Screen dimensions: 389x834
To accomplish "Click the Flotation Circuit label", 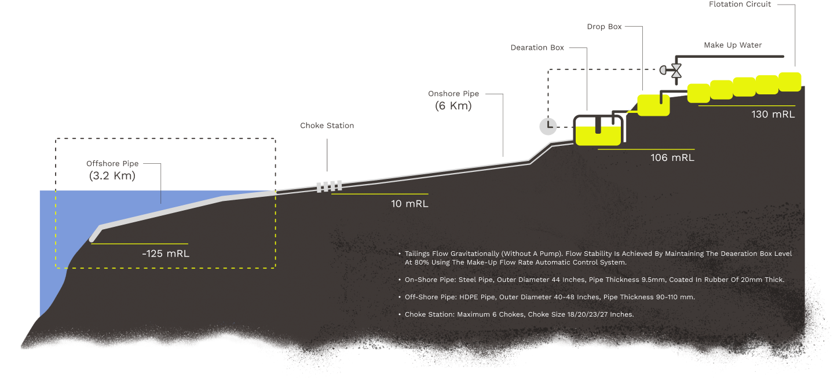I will tap(740, 5).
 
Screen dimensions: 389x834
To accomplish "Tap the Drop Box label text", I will tap(604, 27).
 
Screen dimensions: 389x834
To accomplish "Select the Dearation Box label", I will tap(537, 48).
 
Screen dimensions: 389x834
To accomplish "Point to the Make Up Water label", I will tap(733, 45).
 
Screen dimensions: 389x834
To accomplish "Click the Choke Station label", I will tap(327, 126).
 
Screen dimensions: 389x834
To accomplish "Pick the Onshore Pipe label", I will tap(453, 94).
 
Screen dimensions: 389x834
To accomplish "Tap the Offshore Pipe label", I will tap(112, 164).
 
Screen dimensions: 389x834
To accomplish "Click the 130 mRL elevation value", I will tap(773, 115).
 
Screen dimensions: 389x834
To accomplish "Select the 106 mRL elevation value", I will tap(672, 158).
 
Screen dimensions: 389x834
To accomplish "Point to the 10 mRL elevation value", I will tap(409, 204).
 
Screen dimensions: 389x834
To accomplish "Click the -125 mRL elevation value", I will tap(166, 254).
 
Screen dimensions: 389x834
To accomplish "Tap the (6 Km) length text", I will tap(453, 106).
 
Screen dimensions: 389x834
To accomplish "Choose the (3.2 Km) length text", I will tap(112, 176).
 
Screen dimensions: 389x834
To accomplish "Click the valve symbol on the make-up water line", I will tap(676, 70).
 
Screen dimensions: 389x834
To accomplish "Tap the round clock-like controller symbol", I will tap(547, 126).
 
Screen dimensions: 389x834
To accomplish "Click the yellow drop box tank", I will tap(653, 105).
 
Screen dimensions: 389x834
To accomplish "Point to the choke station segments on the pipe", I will tap(328, 186).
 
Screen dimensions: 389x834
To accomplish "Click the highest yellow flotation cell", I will tap(790, 82).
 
